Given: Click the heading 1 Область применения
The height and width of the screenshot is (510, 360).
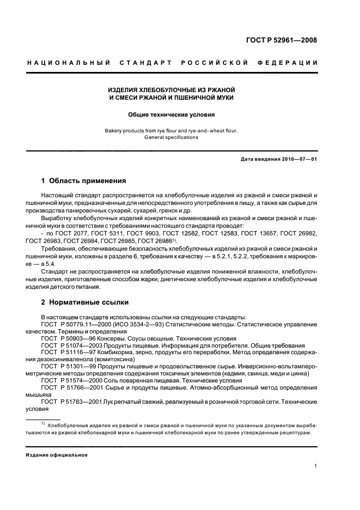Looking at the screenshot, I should coord(84,180).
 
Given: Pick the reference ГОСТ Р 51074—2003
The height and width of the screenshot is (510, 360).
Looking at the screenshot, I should coord(74,345).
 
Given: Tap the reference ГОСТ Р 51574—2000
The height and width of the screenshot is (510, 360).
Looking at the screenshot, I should coord(74,381).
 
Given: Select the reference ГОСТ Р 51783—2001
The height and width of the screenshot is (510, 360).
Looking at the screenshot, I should coord(74,402).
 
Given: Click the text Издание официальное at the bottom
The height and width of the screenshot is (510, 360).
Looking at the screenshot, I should coord(57,454).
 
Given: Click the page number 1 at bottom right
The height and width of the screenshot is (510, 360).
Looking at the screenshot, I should coord(315,466).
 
